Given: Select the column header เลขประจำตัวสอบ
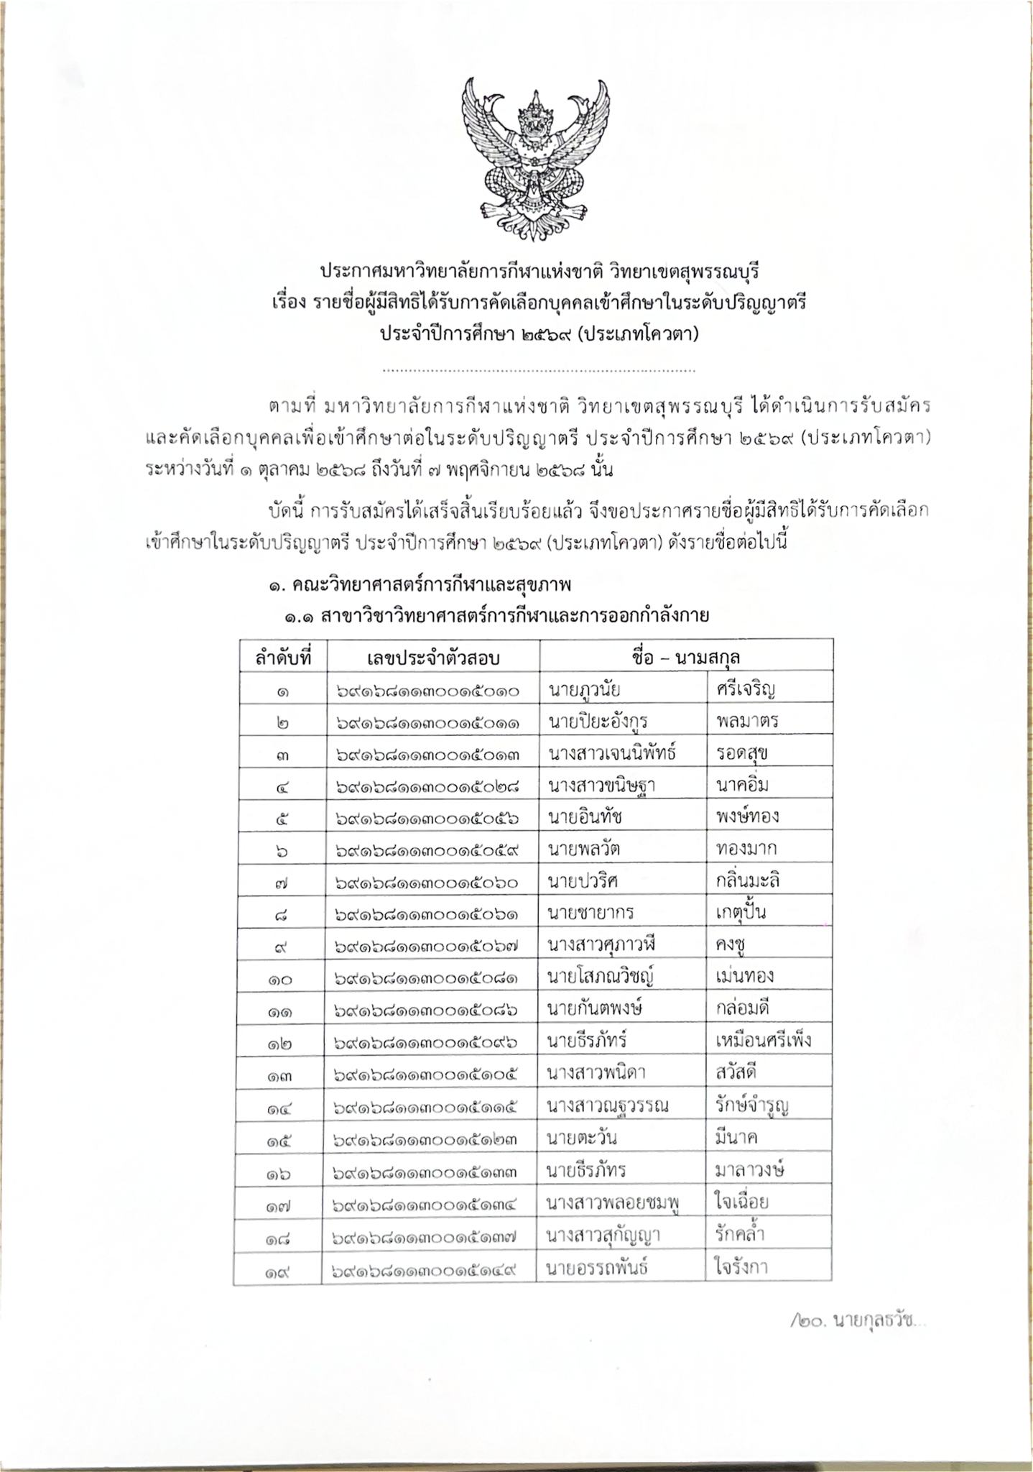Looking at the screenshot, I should pos(432,658).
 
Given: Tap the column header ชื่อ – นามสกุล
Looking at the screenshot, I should pos(687,658).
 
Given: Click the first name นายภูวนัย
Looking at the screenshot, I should pos(584,691).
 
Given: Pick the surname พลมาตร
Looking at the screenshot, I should pos(747,721).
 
